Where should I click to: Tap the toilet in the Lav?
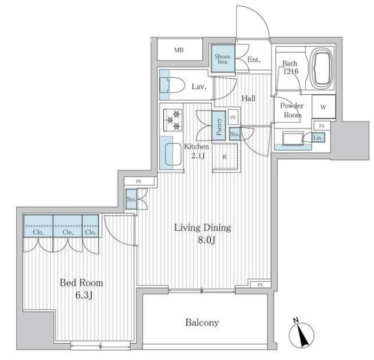click(x=172, y=85)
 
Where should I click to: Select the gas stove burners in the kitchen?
click(x=173, y=120)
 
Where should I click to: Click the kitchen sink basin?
click(x=173, y=154)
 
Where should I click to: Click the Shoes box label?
click(x=222, y=59)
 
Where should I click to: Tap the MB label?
click(x=179, y=50)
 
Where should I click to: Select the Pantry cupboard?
click(x=219, y=126)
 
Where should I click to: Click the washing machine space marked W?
click(x=323, y=107)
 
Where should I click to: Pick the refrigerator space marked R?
click(x=225, y=156)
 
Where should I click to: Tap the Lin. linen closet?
click(x=318, y=138)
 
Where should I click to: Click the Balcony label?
click(x=202, y=323)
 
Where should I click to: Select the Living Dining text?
click(x=203, y=228)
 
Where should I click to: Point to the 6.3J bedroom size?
click(x=84, y=295)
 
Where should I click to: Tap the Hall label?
click(x=249, y=98)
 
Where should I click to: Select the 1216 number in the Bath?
click(x=291, y=71)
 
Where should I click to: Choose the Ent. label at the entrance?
click(x=254, y=60)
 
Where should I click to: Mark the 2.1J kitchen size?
click(x=198, y=156)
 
